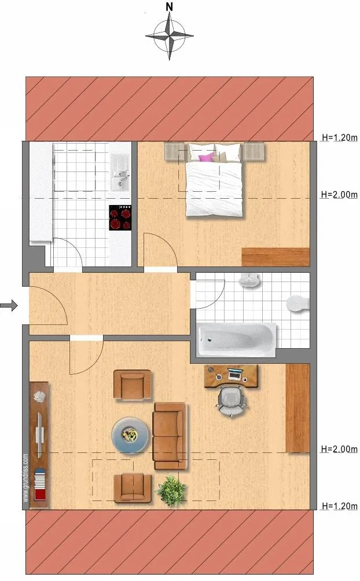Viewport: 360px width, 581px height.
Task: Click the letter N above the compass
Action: (169, 6)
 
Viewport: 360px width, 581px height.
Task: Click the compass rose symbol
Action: (169, 36)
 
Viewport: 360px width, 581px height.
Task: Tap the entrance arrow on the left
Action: (9, 306)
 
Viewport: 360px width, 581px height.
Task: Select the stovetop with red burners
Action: (120, 218)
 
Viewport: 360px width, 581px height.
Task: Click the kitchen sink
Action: (120, 172)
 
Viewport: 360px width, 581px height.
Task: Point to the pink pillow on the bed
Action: (206, 157)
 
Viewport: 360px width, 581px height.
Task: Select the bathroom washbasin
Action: (250, 280)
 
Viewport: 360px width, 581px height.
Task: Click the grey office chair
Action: (232, 400)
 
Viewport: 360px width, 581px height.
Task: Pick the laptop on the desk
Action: (235, 375)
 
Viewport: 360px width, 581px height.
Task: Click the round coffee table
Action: (131, 436)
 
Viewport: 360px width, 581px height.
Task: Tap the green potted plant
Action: (171, 491)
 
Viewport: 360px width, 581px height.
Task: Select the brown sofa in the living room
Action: (170, 436)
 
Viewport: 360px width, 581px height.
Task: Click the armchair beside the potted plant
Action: (133, 488)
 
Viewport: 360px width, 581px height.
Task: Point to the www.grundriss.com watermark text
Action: (25, 478)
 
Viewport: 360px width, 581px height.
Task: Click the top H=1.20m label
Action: (339, 137)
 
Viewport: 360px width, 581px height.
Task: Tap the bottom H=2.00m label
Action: (339, 449)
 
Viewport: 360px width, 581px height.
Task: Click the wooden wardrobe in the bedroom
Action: (275, 257)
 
